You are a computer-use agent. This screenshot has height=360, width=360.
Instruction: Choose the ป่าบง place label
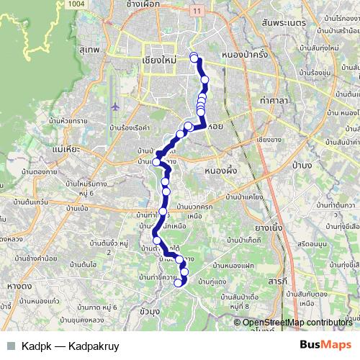point(302,165)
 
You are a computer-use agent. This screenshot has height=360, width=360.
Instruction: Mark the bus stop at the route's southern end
point(179,283)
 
